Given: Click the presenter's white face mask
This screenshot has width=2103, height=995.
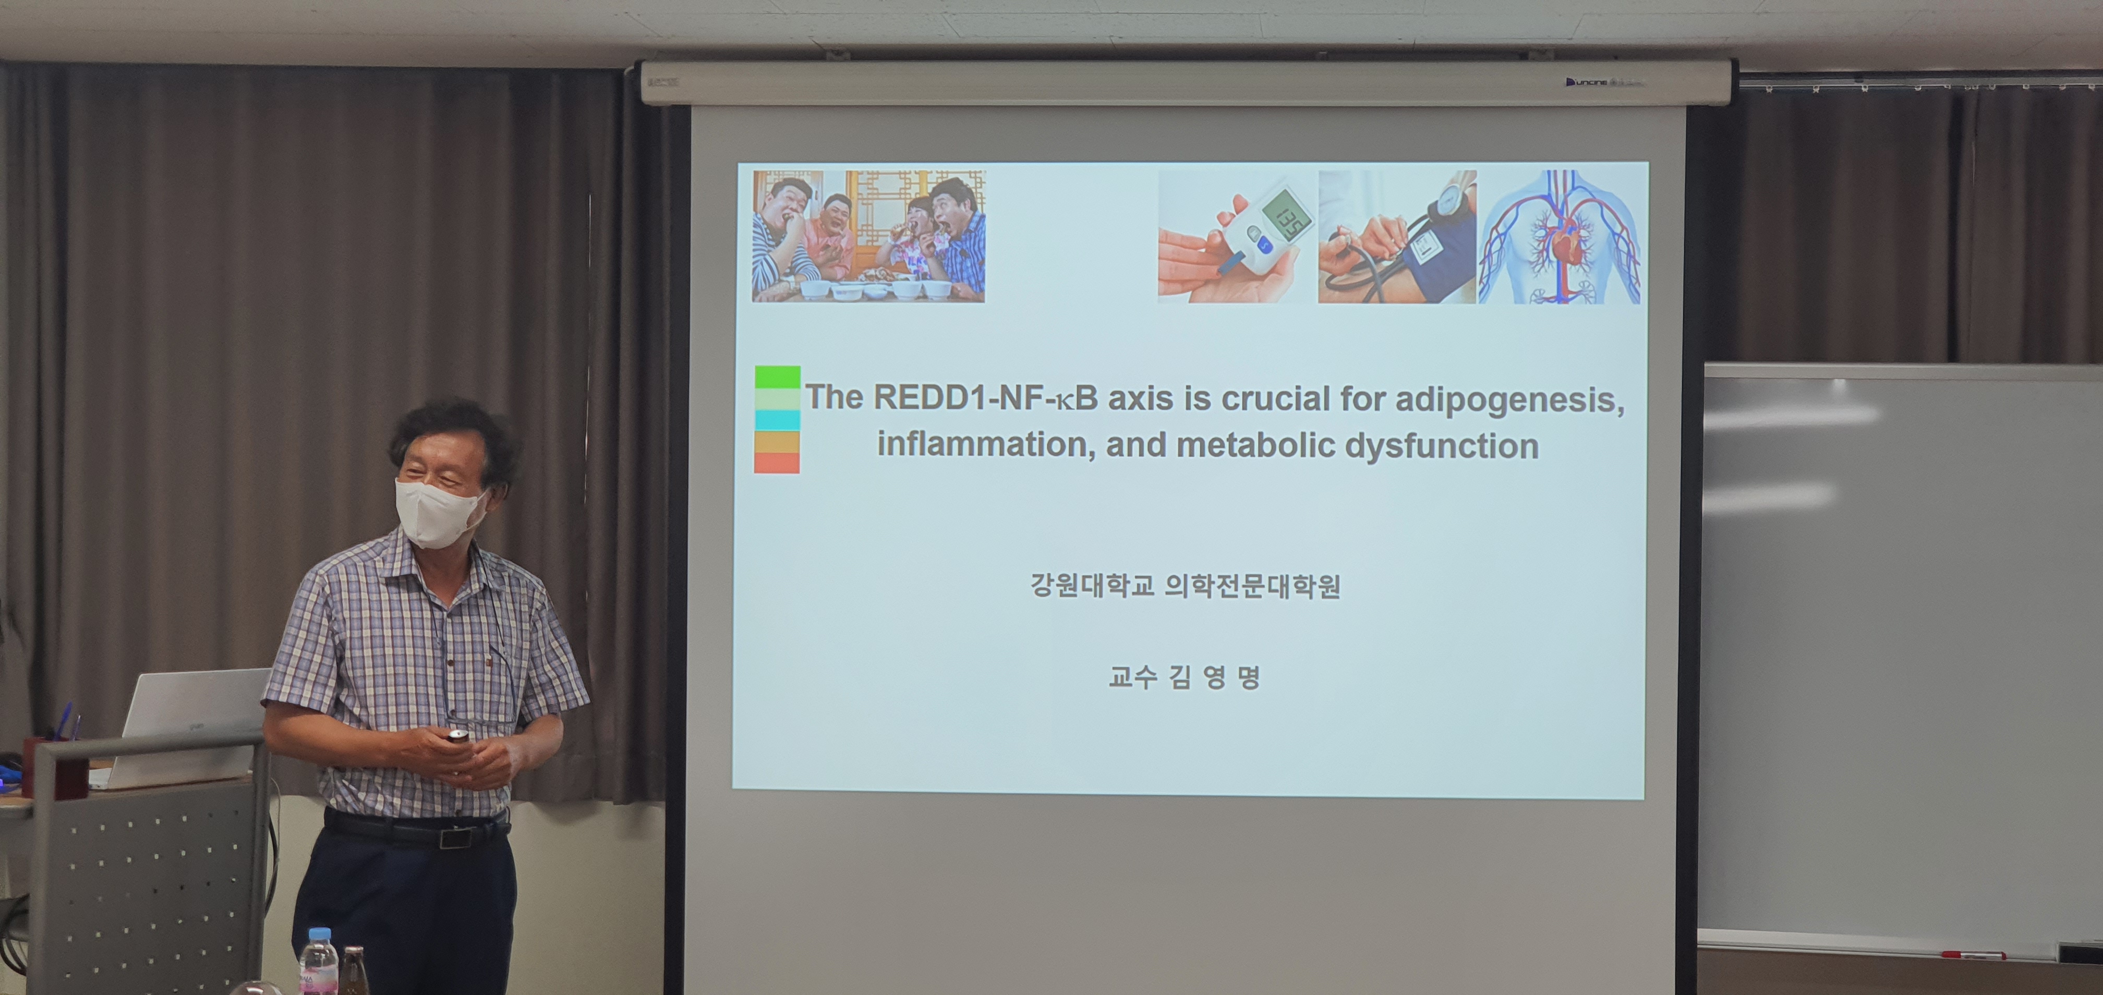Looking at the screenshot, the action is click(439, 513).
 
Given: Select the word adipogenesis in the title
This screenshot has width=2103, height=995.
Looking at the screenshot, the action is click(1509, 400).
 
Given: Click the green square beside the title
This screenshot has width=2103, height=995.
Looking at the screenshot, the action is click(777, 377).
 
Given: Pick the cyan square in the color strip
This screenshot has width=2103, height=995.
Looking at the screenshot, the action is click(777, 420).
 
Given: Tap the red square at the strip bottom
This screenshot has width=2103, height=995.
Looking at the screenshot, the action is click(777, 463).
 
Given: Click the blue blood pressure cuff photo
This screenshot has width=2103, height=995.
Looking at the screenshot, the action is click(1397, 237).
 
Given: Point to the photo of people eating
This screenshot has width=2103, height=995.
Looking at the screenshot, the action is click(868, 236).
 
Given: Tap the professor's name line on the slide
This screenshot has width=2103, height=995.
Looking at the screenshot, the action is click(1185, 677).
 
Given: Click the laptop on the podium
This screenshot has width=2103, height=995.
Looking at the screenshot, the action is click(188, 726).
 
